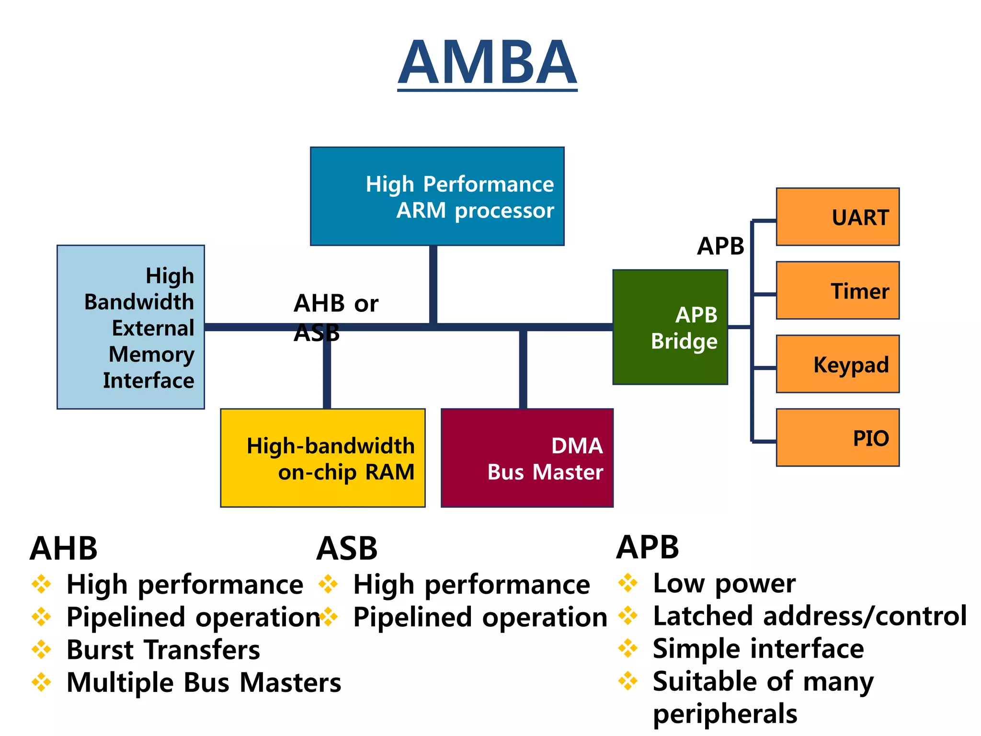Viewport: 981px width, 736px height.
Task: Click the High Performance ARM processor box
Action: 437,196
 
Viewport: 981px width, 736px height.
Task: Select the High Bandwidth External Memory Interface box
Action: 131,327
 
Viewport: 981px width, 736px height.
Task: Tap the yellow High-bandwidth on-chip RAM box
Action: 323,458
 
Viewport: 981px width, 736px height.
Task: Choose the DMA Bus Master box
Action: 527,458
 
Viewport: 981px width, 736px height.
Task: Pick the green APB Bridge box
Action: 670,327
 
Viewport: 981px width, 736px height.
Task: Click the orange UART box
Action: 837,217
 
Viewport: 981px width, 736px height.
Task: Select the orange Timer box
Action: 837,290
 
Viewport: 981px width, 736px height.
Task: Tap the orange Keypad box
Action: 837,364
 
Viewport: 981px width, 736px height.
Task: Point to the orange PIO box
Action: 837,437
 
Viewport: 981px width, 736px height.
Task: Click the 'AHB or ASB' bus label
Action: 335,316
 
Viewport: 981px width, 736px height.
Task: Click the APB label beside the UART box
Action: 720,246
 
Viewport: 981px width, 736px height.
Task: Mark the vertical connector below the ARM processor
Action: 433,285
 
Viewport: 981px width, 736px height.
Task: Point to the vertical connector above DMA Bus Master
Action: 523,369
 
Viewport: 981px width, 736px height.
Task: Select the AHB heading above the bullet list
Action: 64,549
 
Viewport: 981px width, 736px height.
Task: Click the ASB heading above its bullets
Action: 347,549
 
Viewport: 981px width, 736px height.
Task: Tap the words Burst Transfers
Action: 163,650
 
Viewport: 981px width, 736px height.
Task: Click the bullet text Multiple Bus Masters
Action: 204,683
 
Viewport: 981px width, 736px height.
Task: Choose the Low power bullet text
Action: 724,584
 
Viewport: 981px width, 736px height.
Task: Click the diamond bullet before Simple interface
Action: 628,649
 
